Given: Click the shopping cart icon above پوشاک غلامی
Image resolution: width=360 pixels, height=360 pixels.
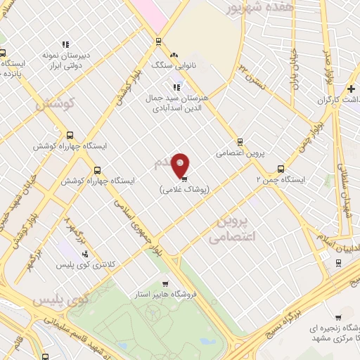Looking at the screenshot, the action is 184,179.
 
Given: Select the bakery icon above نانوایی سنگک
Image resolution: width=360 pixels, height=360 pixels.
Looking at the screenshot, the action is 174,54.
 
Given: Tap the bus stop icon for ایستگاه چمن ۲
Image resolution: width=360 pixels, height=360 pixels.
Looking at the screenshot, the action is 281,169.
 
